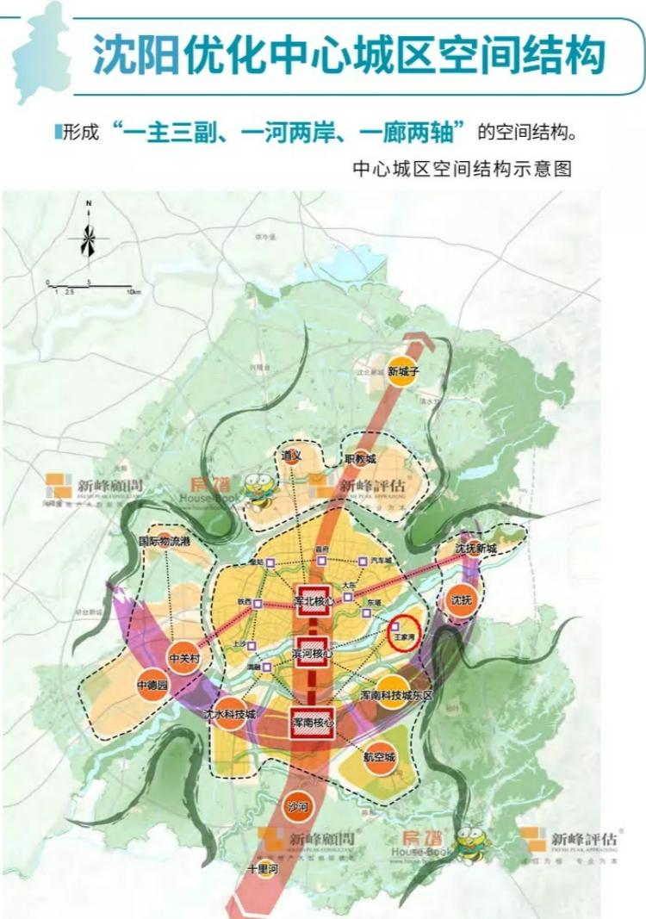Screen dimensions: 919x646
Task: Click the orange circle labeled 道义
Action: (x=293, y=454)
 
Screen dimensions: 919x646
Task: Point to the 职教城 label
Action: (x=360, y=459)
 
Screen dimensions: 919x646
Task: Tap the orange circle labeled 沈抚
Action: (x=461, y=599)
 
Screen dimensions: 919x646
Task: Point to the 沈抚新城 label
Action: (x=476, y=549)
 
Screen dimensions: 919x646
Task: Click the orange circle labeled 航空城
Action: (x=379, y=756)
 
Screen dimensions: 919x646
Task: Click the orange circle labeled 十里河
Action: (x=262, y=869)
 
